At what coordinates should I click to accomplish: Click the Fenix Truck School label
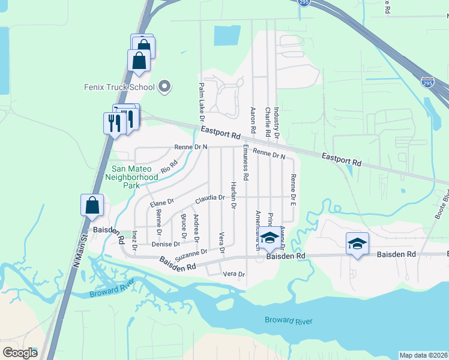tap(119, 87)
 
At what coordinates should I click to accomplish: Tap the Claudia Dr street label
tap(209, 197)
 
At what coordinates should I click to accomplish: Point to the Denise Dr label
tap(166, 244)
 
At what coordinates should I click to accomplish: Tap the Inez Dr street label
tap(134, 239)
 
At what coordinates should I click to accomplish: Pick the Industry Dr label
tap(277, 123)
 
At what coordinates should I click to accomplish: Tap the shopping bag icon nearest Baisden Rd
tap(92, 205)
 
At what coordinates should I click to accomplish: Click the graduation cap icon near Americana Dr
tap(270, 238)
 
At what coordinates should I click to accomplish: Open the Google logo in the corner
tap(20, 353)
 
